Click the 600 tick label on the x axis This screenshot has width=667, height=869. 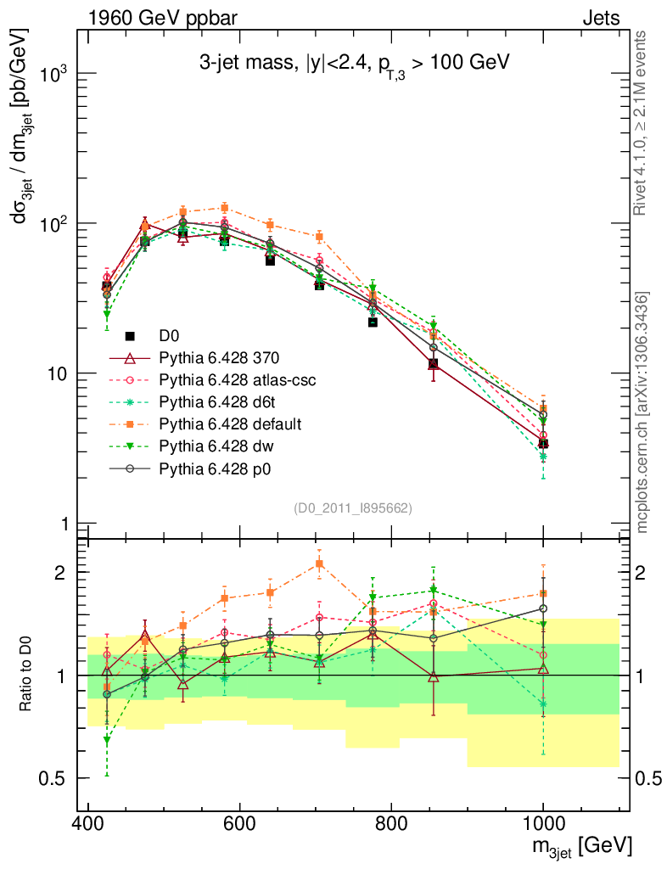coord(240,823)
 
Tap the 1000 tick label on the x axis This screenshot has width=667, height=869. coord(543,823)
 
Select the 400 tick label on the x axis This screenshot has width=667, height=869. coord(88,823)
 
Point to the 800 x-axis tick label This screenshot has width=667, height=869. coord(391,823)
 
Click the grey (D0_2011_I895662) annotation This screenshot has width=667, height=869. coord(353,508)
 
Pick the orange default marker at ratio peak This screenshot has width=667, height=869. coord(319,563)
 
